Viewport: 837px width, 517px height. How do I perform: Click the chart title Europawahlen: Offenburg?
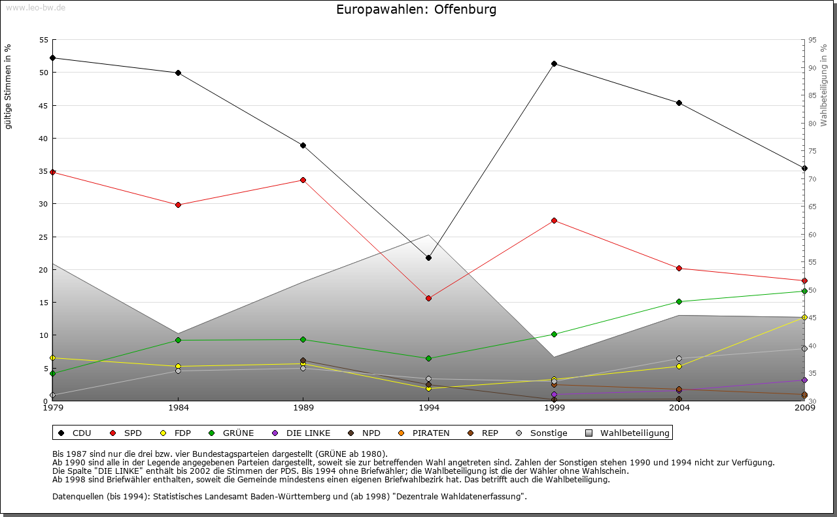pos(416,10)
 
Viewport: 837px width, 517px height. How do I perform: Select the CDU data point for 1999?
pos(554,63)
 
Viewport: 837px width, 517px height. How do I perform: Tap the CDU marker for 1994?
pos(428,258)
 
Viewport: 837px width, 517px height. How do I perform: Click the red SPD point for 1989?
pos(303,180)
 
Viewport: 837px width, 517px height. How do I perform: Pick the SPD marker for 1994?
pos(428,298)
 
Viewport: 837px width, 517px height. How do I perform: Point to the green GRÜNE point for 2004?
pos(679,301)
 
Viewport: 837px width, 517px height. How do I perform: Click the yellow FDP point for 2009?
pos(804,317)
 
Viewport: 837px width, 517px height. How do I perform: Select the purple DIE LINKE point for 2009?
pos(804,380)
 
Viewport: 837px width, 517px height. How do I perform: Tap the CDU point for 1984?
pos(178,73)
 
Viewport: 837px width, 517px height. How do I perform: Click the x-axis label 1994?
pos(428,409)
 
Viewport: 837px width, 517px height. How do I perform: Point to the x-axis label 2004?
pos(679,409)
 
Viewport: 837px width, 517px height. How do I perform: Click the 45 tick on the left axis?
pos(44,105)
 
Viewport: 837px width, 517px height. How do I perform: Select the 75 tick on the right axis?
pos(811,151)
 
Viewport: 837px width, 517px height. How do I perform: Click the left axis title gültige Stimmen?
pos(9,86)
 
